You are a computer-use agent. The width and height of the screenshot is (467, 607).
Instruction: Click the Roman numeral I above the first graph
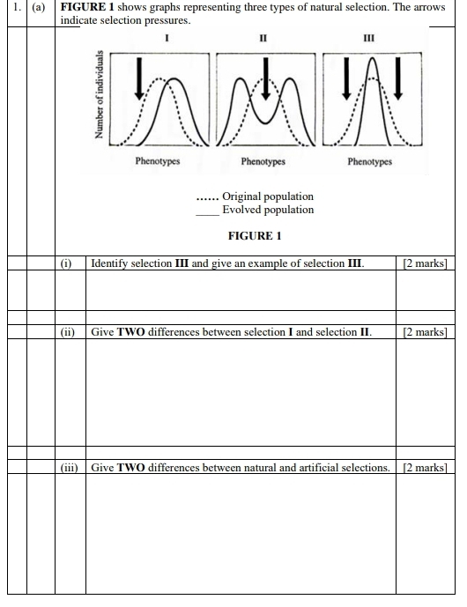pyautogui.click(x=167, y=39)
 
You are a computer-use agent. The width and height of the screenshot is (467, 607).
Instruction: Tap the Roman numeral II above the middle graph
pyautogui.click(x=263, y=39)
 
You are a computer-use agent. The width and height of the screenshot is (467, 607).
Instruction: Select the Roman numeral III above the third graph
pyautogui.click(x=368, y=39)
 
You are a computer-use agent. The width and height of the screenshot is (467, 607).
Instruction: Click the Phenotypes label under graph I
pyautogui.click(x=158, y=162)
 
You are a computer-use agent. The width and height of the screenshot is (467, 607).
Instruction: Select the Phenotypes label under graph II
pyautogui.click(x=263, y=162)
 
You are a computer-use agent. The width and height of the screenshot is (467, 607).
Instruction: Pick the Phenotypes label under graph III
pyautogui.click(x=369, y=162)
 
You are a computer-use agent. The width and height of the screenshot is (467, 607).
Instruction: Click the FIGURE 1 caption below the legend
pyautogui.click(x=255, y=236)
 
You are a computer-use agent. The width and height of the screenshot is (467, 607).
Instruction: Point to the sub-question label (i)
pyautogui.click(x=66, y=263)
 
